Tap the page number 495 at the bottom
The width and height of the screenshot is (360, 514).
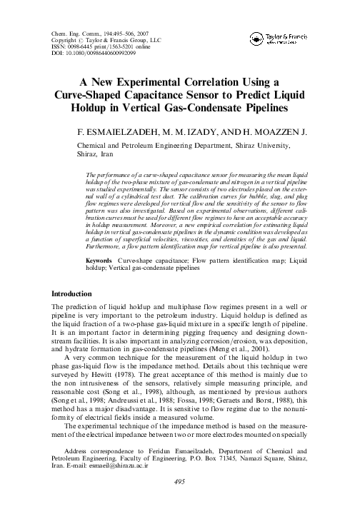pos(180,502)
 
